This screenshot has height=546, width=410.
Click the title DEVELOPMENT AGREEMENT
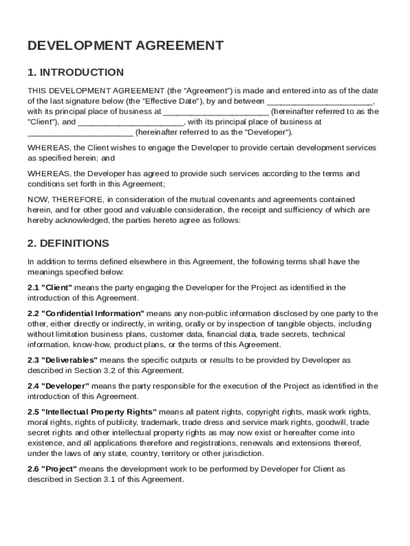click(x=125, y=46)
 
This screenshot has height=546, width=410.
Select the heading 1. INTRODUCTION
click(x=76, y=73)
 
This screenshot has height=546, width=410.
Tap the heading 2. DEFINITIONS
click(x=68, y=244)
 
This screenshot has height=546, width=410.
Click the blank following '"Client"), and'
click(x=130, y=122)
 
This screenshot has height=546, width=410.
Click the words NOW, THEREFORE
click(x=58, y=199)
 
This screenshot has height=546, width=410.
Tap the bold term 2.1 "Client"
click(x=50, y=288)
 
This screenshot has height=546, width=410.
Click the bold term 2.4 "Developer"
click(x=58, y=386)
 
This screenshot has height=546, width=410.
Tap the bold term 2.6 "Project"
click(x=52, y=469)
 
